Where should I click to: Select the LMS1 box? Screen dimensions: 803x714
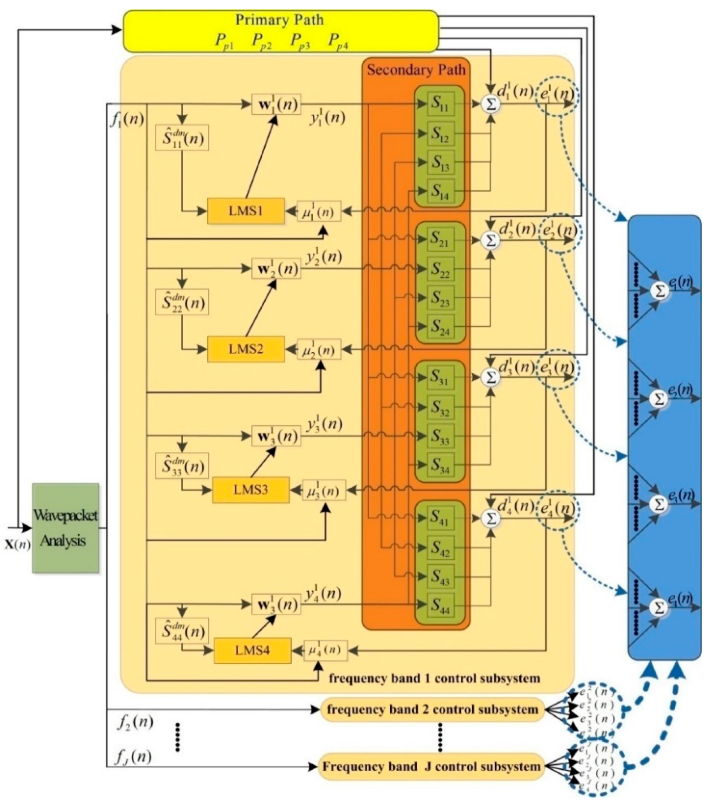(246, 211)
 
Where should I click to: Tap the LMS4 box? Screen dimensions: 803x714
(253, 650)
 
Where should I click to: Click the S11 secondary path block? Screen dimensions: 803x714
(441, 104)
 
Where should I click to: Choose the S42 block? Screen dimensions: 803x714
(441, 548)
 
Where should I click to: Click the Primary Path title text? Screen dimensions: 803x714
(280, 20)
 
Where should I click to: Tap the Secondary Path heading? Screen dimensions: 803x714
(416, 70)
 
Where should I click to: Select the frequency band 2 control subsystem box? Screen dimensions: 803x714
(432, 710)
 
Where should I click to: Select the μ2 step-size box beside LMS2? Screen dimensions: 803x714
(319, 349)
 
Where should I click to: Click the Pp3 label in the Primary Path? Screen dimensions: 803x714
(300, 41)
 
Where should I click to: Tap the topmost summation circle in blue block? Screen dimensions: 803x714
(660, 291)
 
